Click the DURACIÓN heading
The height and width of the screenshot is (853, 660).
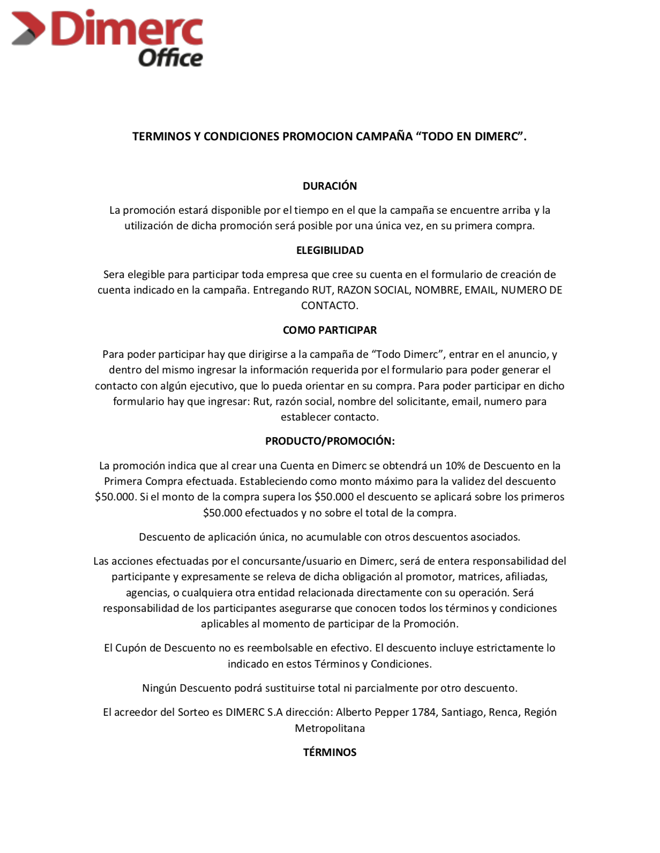click(x=329, y=186)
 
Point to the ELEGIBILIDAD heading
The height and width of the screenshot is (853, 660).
click(x=329, y=250)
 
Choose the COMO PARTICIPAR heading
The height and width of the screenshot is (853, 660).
click(x=329, y=330)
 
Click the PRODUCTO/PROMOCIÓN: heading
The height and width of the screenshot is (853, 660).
click(x=329, y=441)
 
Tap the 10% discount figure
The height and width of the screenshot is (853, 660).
click(x=455, y=466)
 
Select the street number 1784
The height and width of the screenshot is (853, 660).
click(x=423, y=712)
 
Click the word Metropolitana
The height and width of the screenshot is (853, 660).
click(x=329, y=728)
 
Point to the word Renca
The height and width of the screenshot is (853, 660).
click(x=503, y=712)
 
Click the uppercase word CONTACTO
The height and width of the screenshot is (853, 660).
click(x=329, y=305)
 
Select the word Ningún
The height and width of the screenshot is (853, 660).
click(x=159, y=688)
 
